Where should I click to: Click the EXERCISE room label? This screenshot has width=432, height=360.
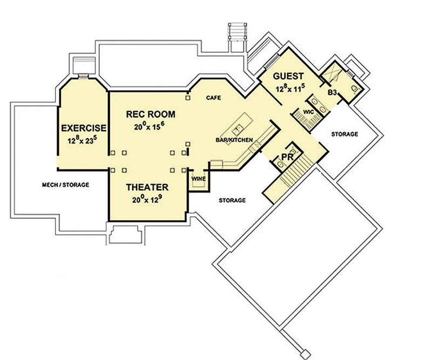pyautogui.click(x=84, y=128)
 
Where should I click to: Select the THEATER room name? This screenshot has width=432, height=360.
pyautogui.click(x=147, y=187)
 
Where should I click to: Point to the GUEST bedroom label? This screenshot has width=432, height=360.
pyautogui.click(x=288, y=76)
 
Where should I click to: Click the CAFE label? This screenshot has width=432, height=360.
pyautogui.click(x=214, y=98)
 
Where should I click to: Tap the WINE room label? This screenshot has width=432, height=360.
pyautogui.click(x=197, y=178)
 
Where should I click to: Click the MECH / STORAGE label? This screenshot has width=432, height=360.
pyautogui.click(x=65, y=185)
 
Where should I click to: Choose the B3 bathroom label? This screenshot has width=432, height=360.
pyautogui.click(x=333, y=93)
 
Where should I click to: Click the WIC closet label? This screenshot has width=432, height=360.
pyautogui.click(x=309, y=112)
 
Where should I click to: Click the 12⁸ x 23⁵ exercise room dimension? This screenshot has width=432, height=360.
pyautogui.click(x=83, y=140)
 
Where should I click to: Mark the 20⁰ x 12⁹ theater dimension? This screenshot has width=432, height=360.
pyautogui.click(x=147, y=200)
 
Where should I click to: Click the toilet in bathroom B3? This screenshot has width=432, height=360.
pyautogui.click(x=354, y=87)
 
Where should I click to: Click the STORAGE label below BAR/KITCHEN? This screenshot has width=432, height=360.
pyautogui.click(x=232, y=200)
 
